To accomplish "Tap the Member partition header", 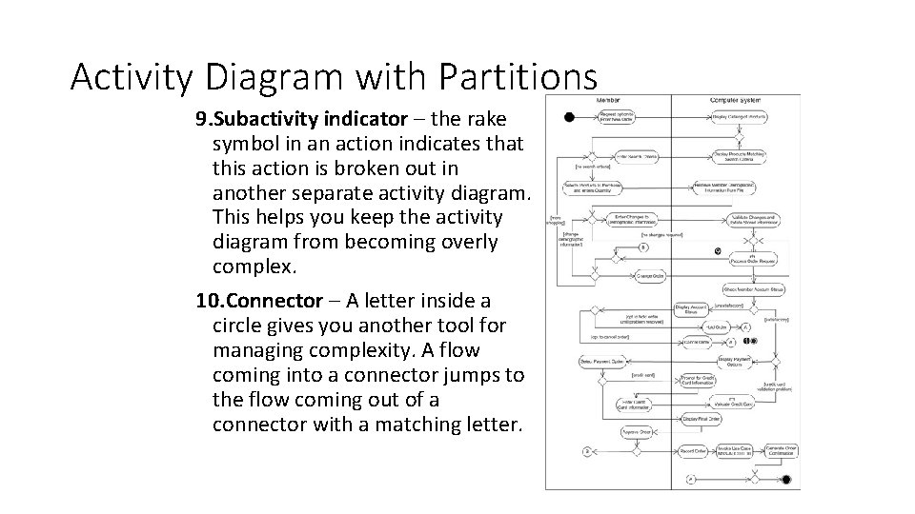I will click(x=608, y=100).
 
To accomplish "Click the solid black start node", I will click(x=569, y=117).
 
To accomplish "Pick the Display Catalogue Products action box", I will click(x=739, y=117).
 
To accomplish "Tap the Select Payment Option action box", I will click(x=600, y=362).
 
